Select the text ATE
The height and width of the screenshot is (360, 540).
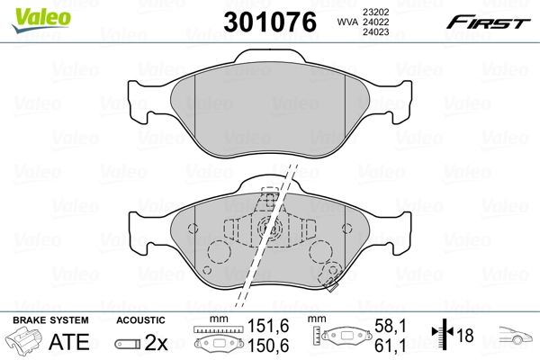click(x=66, y=343)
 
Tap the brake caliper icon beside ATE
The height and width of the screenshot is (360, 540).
click(x=24, y=342)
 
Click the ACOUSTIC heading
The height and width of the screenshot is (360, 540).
click(x=141, y=319)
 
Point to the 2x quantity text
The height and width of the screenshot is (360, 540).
click(x=156, y=343)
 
